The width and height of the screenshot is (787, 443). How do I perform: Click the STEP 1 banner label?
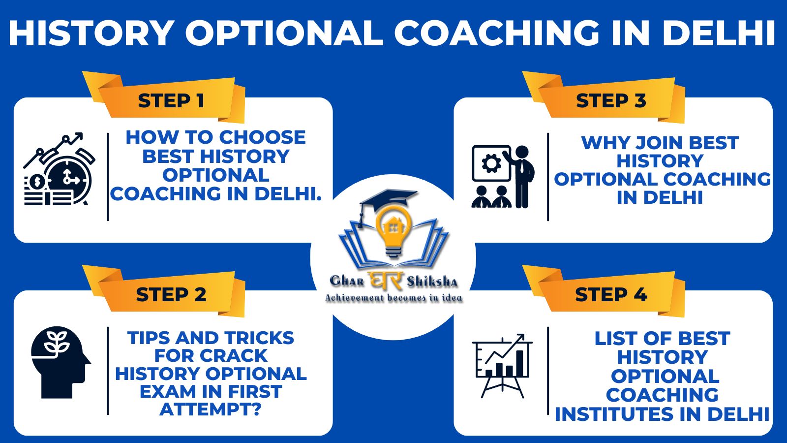[x=171, y=101]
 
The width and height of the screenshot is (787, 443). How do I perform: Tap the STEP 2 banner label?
[x=171, y=295]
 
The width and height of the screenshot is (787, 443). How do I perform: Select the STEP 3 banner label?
[x=611, y=101]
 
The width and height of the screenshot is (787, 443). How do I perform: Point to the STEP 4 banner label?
[x=611, y=295]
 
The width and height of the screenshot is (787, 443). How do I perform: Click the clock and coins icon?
[x=59, y=169]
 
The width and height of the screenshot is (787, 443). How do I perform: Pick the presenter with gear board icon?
[x=503, y=177]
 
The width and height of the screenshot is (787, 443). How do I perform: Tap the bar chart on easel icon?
[x=502, y=366]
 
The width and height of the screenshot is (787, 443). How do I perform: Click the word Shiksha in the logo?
[x=432, y=282]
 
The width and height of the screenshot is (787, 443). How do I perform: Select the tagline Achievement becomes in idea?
[x=393, y=298]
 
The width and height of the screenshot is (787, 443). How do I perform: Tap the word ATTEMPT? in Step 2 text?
[x=211, y=409]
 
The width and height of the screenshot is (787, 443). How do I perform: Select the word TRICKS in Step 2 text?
[x=259, y=338]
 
